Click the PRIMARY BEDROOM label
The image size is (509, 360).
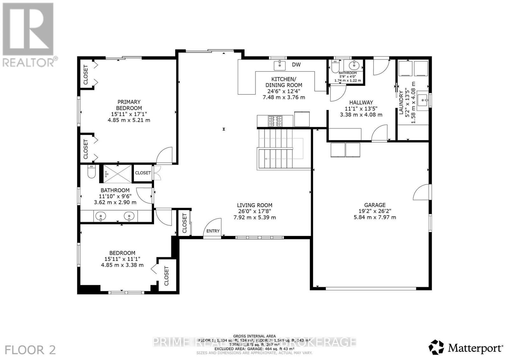click(129, 105)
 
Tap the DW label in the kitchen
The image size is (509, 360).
click(296, 65)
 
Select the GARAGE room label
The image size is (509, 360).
click(375, 205)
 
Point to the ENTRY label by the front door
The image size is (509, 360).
click(213, 231)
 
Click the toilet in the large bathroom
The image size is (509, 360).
click(91, 172)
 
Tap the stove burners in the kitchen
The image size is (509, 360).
click(275, 121)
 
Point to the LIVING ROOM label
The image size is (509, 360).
click(254, 205)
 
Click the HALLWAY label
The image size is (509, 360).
click(361, 102)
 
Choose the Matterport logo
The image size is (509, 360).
click(466, 348)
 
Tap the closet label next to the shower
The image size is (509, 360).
click(143, 173)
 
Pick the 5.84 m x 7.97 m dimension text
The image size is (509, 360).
click(375, 218)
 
